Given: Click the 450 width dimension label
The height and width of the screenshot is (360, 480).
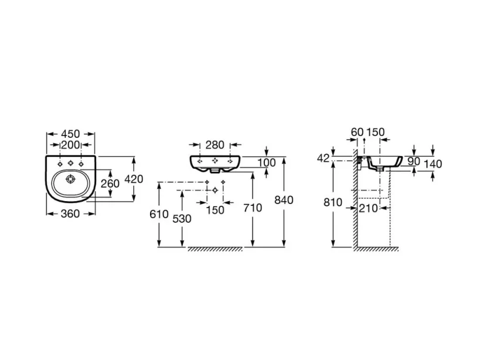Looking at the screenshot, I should coord(70,134).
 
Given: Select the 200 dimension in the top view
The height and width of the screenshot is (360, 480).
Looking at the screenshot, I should coord(70,145).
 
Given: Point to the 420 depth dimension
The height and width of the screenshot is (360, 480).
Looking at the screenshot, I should coord(134,179).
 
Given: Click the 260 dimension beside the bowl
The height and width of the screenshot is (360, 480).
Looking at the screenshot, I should coord(110,184).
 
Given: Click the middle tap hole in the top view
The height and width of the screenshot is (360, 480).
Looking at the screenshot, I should coord(70,162).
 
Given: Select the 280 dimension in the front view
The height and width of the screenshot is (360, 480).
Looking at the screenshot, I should coord(215,145).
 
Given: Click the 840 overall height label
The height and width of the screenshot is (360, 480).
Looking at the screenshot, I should coord(284,200).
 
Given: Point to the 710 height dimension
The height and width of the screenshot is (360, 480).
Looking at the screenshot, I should coord(253,208).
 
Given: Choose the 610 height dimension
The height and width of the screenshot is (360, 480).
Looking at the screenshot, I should coord(159,214).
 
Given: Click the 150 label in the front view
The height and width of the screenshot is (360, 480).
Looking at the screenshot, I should coord(215,210).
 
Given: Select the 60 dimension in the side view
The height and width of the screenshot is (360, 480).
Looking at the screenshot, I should coord(357,133).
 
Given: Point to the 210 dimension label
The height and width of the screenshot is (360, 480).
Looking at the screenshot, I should coord(368,207).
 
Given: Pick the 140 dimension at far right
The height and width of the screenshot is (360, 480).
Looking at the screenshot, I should coord(433,164).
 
